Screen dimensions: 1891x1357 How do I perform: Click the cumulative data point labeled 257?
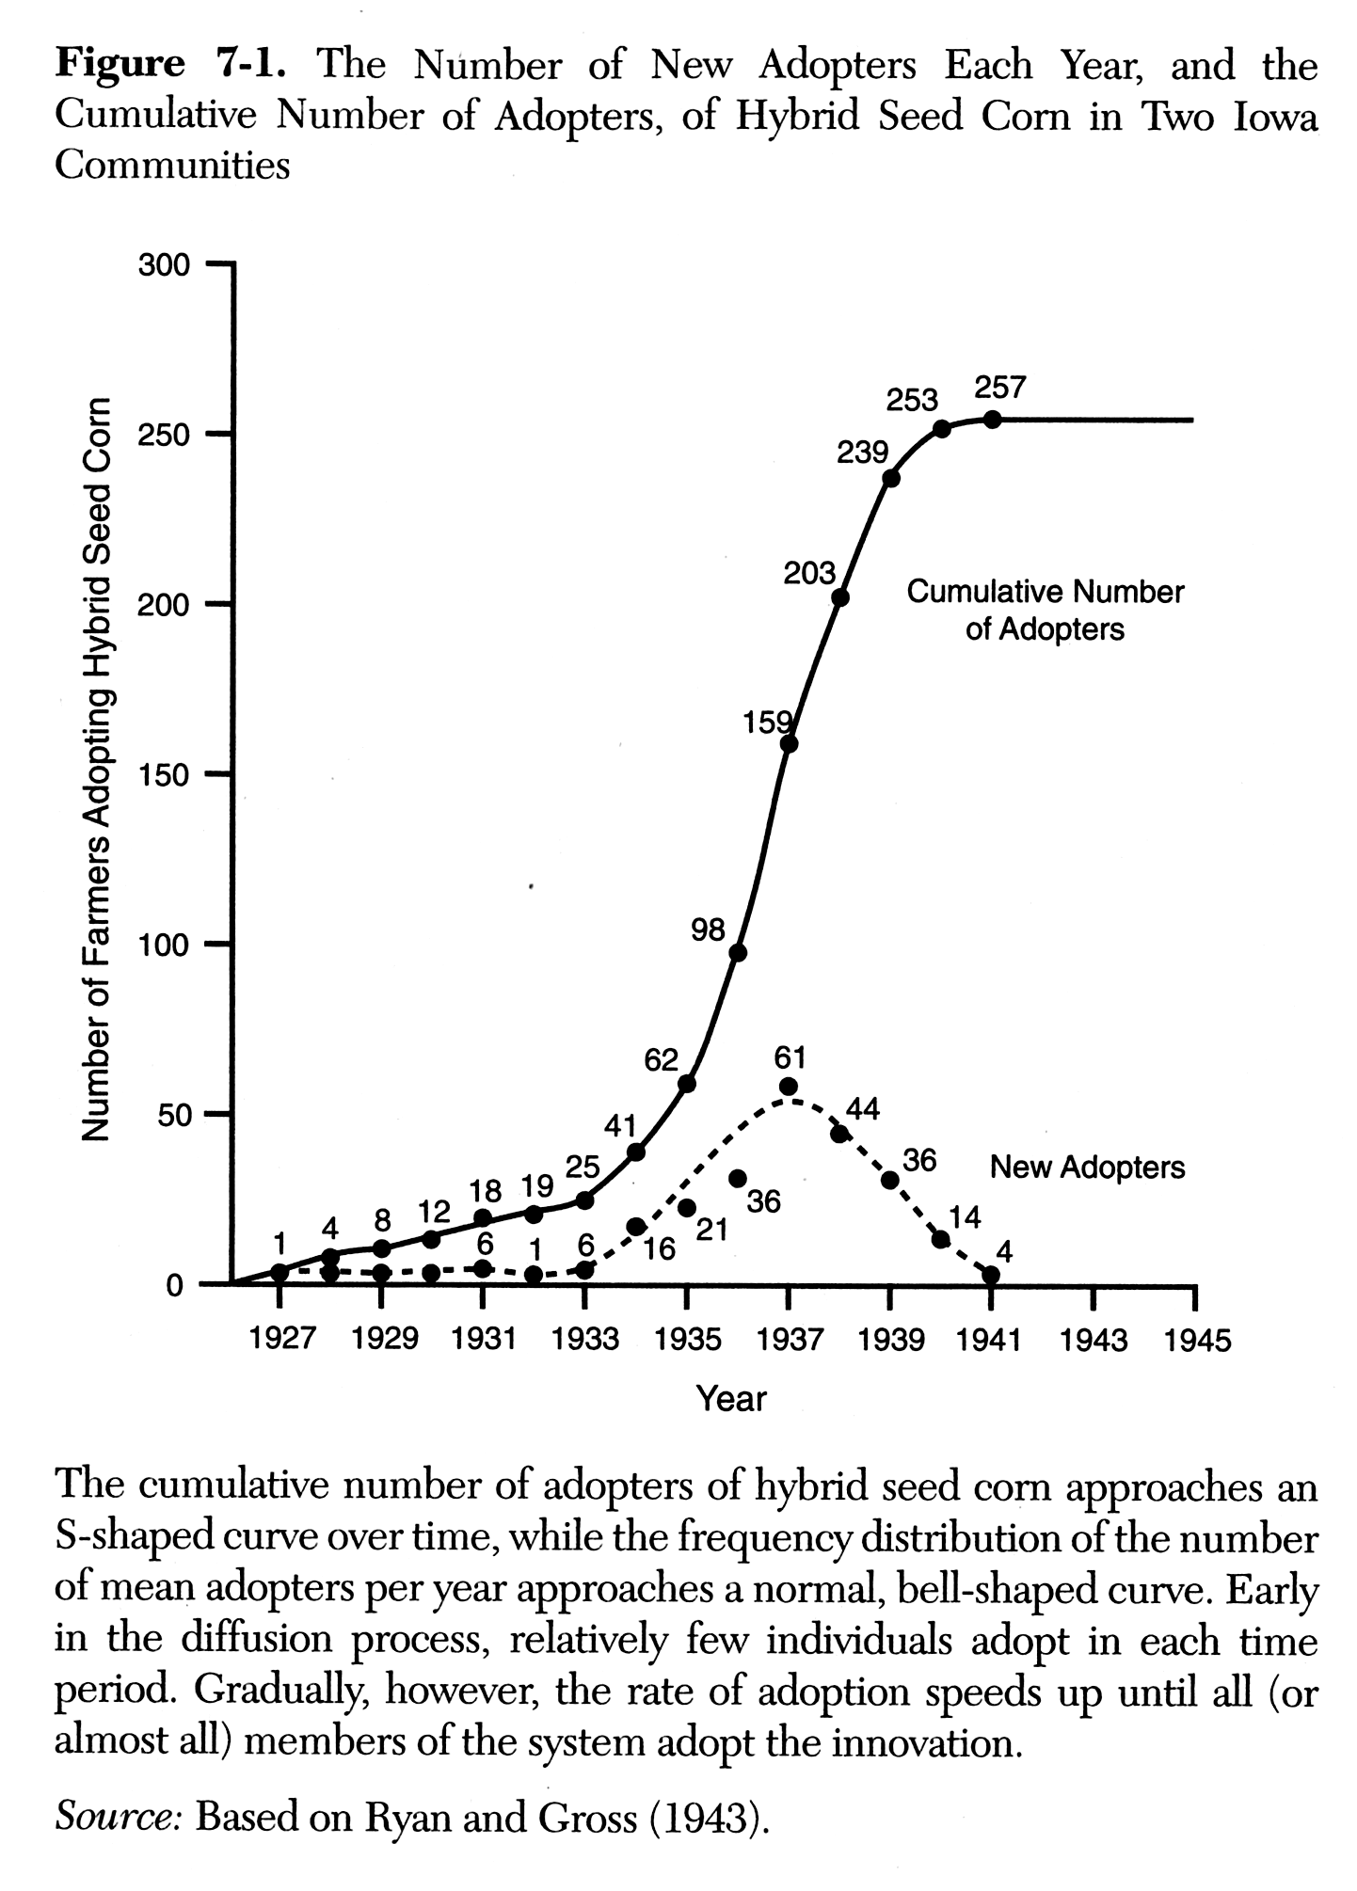[991, 420]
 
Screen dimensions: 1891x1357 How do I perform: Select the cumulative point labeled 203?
[840, 597]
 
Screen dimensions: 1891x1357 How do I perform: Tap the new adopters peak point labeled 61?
[789, 1087]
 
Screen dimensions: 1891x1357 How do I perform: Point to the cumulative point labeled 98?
[738, 952]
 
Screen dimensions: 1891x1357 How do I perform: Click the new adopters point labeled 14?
[940, 1238]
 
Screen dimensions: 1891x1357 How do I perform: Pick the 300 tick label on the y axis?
[164, 265]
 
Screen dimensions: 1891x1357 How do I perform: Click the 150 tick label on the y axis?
[164, 775]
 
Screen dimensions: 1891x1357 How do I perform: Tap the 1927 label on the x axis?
[280, 1340]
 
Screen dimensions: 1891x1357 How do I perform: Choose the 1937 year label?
[789, 1340]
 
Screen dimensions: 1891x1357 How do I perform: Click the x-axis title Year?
[731, 1399]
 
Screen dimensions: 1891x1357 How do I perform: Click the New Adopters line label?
[1087, 1168]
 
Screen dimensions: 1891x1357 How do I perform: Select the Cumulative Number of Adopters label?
[1045, 610]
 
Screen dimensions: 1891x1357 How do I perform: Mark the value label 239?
[862, 453]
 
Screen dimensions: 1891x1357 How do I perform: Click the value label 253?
[912, 400]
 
